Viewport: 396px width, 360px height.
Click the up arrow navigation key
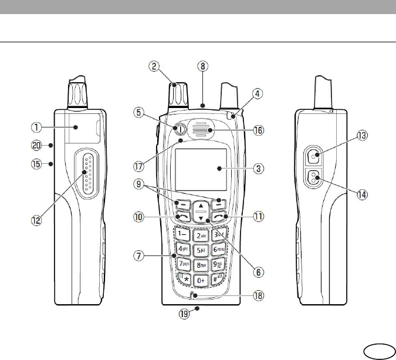(201, 207)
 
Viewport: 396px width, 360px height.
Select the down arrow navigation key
(201, 219)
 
